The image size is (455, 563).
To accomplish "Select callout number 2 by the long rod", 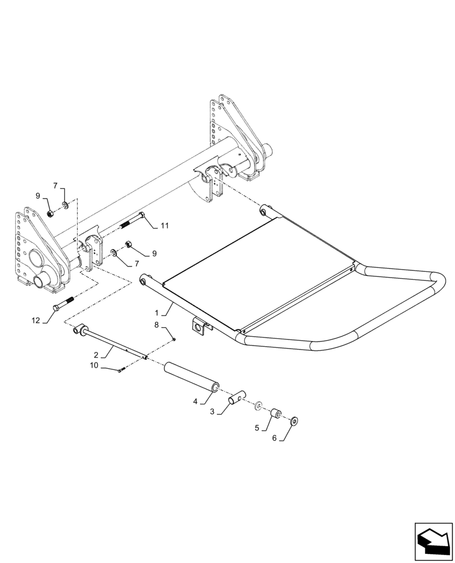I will pos(97,356).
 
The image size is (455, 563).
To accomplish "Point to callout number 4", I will pos(195,402).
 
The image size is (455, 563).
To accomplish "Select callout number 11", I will pos(164,226).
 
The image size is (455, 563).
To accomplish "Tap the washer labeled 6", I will pos(295,421).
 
